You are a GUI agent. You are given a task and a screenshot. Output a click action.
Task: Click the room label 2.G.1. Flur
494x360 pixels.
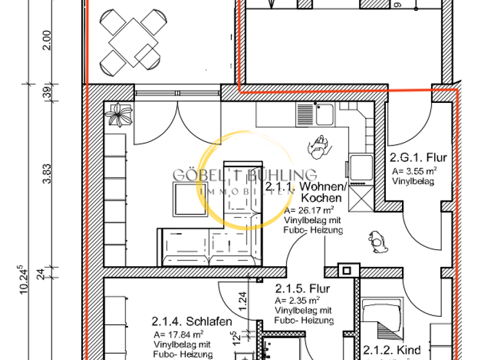click(418, 157)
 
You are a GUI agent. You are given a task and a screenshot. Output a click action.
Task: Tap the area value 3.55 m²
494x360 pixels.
click(415, 171)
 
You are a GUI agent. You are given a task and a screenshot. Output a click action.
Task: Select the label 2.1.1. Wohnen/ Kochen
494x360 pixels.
click(306, 192)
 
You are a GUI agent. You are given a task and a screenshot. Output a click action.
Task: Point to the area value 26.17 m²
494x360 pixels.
click(309, 210)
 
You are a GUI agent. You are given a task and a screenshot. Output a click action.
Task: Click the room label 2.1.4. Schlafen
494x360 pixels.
click(192, 321)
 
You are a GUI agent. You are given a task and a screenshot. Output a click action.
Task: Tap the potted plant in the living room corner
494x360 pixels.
click(119, 115)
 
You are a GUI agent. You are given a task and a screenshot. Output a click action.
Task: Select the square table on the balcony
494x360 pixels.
click(131, 39)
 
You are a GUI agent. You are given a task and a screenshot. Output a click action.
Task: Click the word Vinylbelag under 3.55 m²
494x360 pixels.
click(413, 181)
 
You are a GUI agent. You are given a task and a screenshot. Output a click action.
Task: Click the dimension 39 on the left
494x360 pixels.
click(46, 93)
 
